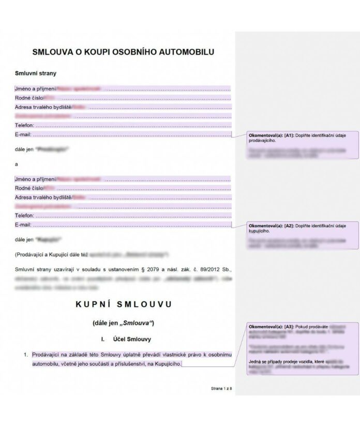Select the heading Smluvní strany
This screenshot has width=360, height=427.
36,73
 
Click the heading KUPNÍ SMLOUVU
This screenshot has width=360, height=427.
124,304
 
